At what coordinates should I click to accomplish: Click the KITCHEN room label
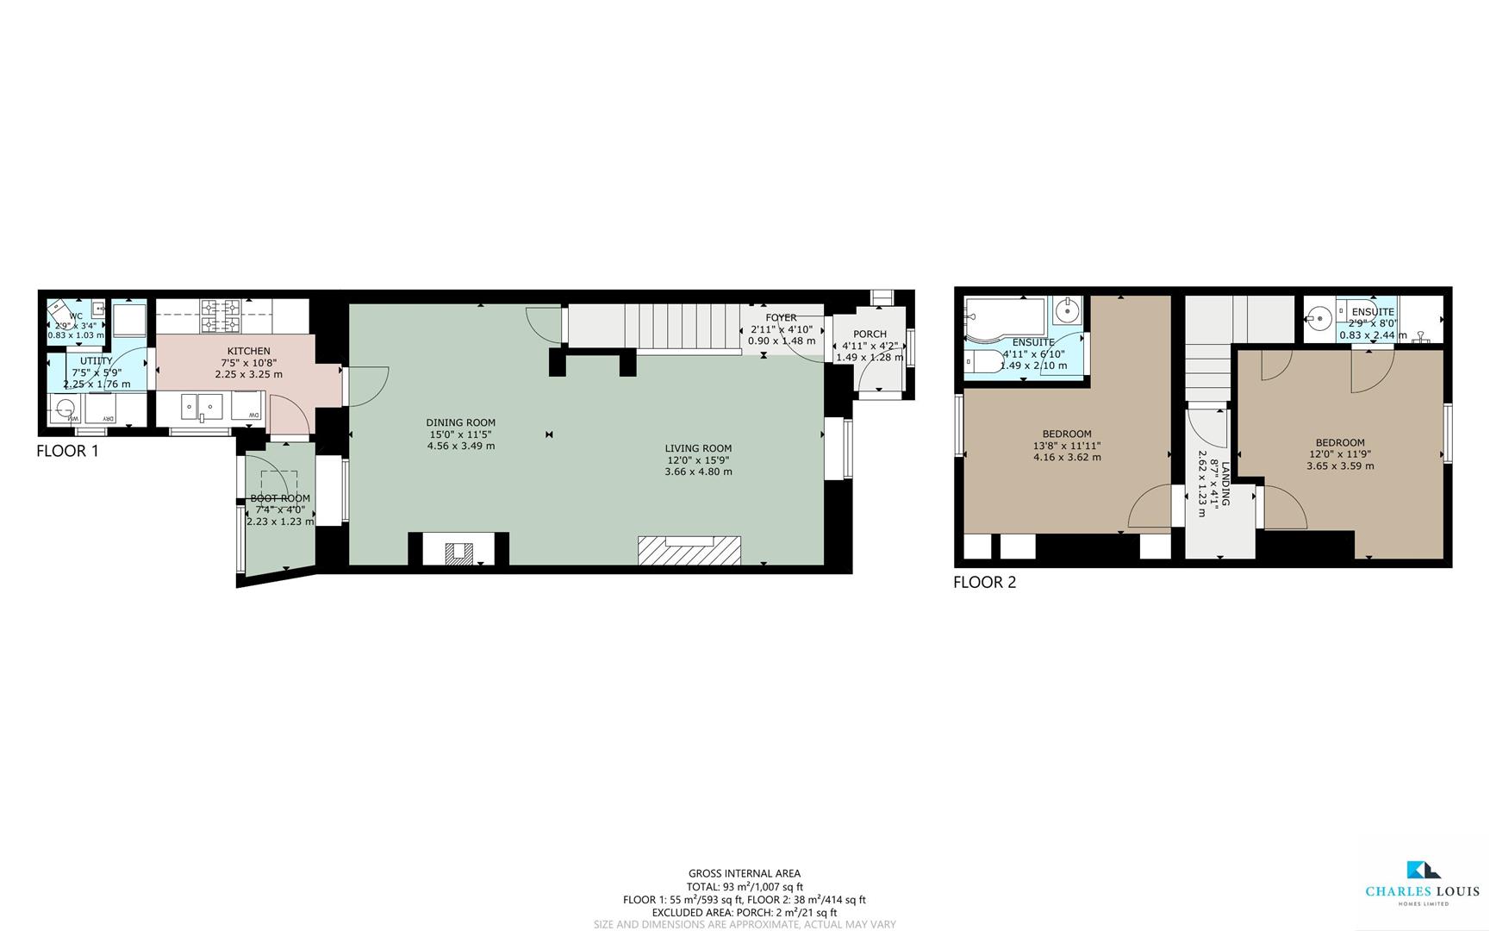point(248,351)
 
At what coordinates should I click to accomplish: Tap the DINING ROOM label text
point(460,422)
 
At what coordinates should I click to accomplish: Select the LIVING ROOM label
point(698,448)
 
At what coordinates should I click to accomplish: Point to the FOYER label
point(781,318)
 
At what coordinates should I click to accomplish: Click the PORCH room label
point(870,334)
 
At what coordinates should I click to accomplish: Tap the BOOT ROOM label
point(280,498)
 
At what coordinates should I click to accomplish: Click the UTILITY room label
point(96,361)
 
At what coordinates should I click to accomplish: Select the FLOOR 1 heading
point(67,451)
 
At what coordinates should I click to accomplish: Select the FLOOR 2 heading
point(984,582)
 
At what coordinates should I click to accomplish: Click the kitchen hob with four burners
point(221,316)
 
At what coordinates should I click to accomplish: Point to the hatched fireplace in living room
point(689,550)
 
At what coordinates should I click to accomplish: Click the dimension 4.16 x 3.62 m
point(1067,457)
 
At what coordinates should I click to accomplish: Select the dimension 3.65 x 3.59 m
point(1340,465)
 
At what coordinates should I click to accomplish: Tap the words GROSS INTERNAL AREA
point(745,873)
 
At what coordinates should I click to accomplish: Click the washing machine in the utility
point(65,409)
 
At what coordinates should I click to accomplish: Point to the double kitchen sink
point(202,405)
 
